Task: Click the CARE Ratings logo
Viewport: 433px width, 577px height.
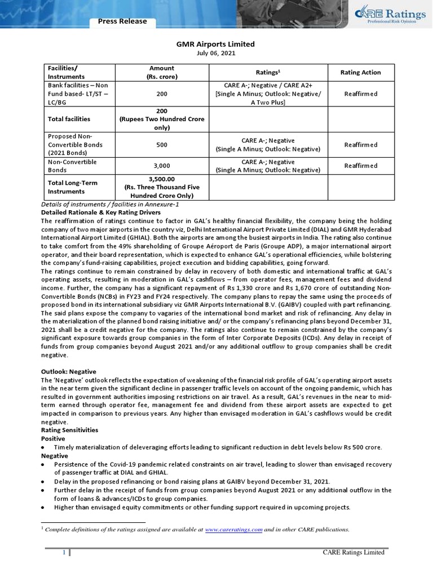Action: pyautogui.click(x=388, y=15)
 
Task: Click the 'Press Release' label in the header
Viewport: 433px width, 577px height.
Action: pyautogui.click(x=122, y=21)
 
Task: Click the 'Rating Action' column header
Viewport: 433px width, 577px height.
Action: pyautogui.click(x=361, y=72)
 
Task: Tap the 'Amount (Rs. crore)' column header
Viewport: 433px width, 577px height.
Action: pyautogui.click(x=162, y=72)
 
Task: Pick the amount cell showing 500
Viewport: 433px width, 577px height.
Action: pyautogui.click(x=162, y=145)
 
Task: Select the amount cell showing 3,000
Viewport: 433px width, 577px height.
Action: pyautogui.click(x=162, y=166)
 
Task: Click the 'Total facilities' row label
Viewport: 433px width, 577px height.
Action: pyautogui.click(x=69, y=119)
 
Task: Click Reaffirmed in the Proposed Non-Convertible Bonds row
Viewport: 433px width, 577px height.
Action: pyautogui.click(x=361, y=145)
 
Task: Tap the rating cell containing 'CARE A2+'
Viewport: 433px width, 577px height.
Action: pyautogui.click(x=268, y=94)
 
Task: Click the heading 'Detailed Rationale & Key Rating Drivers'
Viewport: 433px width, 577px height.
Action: pyautogui.click(x=101, y=212)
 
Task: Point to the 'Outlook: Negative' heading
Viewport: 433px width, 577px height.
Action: pyautogui.click(x=69, y=372)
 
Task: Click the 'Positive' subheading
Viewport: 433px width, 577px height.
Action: pyautogui.click(x=53, y=438)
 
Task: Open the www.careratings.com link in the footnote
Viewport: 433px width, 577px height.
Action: pyautogui.click(x=233, y=530)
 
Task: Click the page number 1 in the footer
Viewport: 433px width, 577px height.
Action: pyautogui.click(x=64, y=553)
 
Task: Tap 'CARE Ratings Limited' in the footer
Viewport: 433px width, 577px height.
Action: pyautogui.click(x=354, y=552)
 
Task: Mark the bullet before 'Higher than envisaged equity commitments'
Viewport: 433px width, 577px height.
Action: pyautogui.click(x=43, y=507)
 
